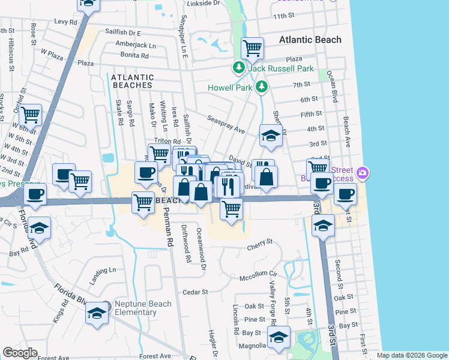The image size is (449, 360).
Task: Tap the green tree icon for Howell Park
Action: (x=261, y=88)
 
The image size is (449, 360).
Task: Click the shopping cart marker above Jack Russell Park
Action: (x=252, y=48)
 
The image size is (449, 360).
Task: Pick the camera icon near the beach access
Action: (x=362, y=173)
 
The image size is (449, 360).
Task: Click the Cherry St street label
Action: (x=261, y=242)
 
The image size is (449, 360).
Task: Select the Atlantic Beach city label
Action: (x=310, y=40)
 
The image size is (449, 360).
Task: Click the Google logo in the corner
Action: (x=20, y=353)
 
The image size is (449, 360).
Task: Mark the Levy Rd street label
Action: (x=66, y=21)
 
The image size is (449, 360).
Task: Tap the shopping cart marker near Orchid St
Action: (x=31, y=114)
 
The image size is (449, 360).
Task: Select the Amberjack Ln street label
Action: (x=136, y=45)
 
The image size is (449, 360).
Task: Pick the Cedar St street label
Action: (x=196, y=292)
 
